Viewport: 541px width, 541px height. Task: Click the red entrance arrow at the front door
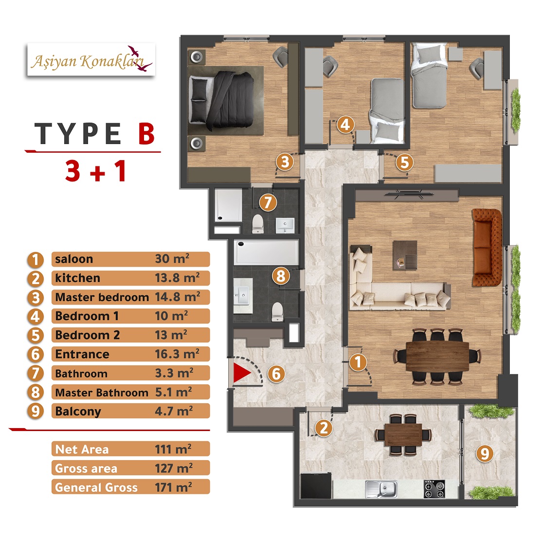pos(241,373)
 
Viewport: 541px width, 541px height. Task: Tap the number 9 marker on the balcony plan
pos(485,453)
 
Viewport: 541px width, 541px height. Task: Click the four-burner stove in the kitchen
pos(434,489)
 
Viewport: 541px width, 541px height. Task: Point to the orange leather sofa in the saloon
pos(487,247)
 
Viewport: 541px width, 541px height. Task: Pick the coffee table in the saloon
pos(405,255)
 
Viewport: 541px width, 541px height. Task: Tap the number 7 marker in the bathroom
pos(268,202)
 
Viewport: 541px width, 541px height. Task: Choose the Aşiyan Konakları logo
pos(91,60)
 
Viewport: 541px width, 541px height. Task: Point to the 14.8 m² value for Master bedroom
pos(178,297)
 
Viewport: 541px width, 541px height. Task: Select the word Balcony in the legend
pos(78,411)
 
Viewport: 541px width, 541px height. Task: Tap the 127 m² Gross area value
pos(174,468)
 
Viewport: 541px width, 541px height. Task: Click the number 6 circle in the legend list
pos(36,355)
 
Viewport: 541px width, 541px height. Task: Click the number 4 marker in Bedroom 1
pos(345,125)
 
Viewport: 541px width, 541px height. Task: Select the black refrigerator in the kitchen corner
pos(316,486)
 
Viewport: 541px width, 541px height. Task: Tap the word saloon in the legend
pos(74,259)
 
